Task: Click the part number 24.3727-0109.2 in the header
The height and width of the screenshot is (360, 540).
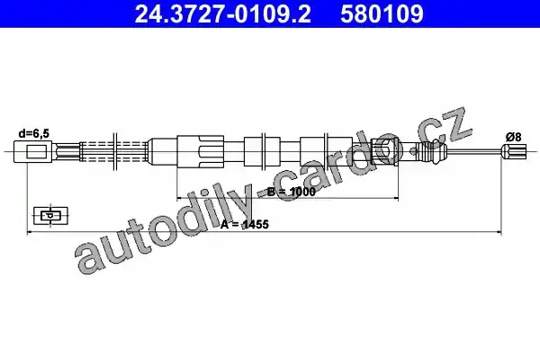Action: pyautogui.click(x=223, y=14)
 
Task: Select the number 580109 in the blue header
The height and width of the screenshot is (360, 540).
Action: pyautogui.click(x=382, y=14)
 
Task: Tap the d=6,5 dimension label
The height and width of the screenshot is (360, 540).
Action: pyautogui.click(x=34, y=133)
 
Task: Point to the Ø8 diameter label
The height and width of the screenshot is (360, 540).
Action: pyautogui.click(x=514, y=137)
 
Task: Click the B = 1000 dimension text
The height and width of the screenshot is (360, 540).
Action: pyautogui.click(x=292, y=192)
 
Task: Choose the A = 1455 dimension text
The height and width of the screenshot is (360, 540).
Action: pyautogui.click(x=245, y=224)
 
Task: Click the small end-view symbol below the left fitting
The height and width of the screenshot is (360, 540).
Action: pyautogui.click(x=50, y=216)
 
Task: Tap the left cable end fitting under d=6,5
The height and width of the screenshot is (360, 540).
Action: pyautogui.click(x=33, y=151)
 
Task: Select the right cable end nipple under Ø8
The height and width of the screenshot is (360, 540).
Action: pyautogui.click(x=514, y=151)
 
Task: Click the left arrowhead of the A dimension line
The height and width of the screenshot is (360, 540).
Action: pyautogui.click(x=29, y=232)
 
